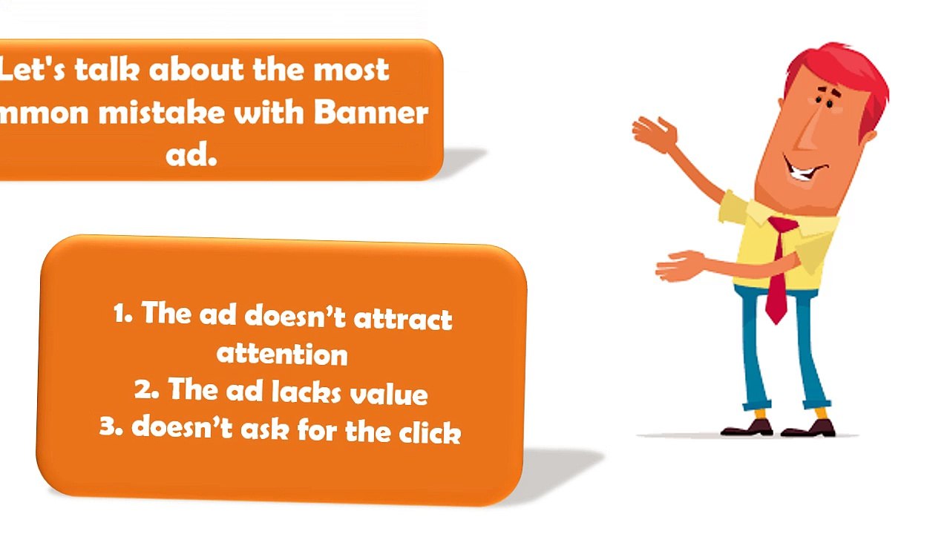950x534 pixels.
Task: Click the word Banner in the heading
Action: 371,113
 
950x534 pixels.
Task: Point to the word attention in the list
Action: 282,353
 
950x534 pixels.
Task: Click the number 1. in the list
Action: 123,314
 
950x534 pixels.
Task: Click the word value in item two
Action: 388,393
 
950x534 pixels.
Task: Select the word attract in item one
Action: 403,319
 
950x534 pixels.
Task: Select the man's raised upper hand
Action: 655,133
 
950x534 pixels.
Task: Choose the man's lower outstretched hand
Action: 677,266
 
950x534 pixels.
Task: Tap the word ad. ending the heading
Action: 191,155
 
